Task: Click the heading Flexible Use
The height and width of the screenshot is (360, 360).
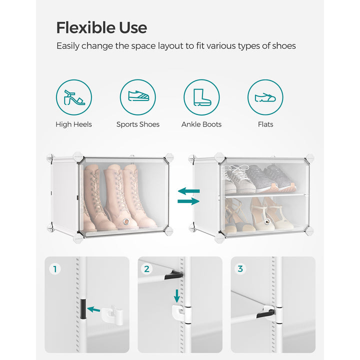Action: click(x=101, y=27)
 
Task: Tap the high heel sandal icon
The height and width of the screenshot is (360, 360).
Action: click(x=74, y=97)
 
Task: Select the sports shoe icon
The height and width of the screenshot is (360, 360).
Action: click(x=137, y=97)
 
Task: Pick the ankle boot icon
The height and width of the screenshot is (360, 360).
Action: click(x=201, y=97)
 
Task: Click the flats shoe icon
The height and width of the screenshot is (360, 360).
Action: click(x=265, y=97)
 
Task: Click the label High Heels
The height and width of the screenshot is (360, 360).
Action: click(x=74, y=124)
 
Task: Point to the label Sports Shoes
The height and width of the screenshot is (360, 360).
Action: click(x=138, y=124)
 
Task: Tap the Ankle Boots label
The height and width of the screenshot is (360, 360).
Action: click(x=201, y=124)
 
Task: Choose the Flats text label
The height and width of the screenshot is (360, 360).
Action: click(x=265, y=124)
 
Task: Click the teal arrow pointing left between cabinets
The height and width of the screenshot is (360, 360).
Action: click(x=188, y=190)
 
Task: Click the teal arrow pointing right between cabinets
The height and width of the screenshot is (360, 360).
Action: click(x=188, y=201)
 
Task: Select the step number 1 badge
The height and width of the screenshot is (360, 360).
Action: click(x=55, y=269)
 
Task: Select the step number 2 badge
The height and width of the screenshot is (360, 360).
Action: click(x=146, y=269)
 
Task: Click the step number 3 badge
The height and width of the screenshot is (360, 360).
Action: click(x=240, y=269)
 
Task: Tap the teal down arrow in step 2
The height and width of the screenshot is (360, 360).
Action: click(x=176, y=293)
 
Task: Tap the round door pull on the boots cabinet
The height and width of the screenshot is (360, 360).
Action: click(x=126, y=222)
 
